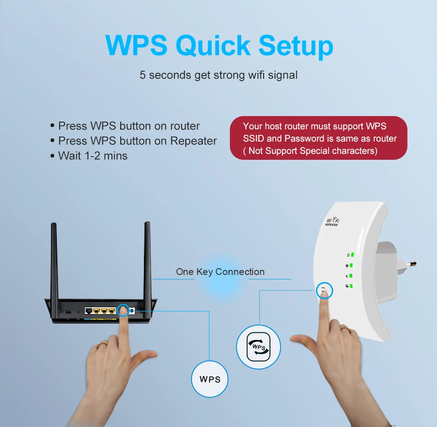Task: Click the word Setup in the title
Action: point(295,46)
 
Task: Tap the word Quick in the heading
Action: point(213,46)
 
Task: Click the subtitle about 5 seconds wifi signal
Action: point(218,75)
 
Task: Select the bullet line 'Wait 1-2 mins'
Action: point(93,156)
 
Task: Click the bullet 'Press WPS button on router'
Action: point(129,126)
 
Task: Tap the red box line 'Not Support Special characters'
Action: point(313,151)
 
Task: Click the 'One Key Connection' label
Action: point(220,272)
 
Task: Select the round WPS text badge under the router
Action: point(209,379)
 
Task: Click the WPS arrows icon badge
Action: point(259,347)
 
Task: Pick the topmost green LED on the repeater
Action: point(352,254)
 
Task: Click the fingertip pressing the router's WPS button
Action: point(123,311)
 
